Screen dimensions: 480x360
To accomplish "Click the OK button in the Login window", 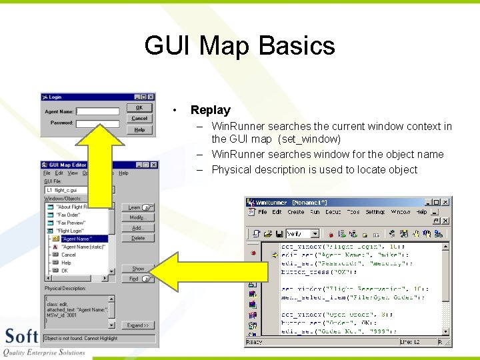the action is pos(139,107).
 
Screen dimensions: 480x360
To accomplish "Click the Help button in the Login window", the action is pos(139,129).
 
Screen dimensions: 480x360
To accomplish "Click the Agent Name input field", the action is pos(97,112).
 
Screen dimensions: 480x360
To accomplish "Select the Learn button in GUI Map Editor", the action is pos(137,207).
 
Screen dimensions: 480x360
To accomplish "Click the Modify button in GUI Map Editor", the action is pos(137,217).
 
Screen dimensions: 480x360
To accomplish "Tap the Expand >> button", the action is pos(137,325).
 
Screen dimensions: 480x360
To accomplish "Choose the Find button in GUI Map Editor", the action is pos(137,279).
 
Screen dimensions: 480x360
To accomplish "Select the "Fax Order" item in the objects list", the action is pos(69,215).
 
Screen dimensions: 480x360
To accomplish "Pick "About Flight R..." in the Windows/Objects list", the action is pos(71,207).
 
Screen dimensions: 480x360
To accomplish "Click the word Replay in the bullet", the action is pos(210,110).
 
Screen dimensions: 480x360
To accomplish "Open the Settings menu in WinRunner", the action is pos(375,212).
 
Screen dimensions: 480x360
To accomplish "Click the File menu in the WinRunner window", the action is pos(263,212).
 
